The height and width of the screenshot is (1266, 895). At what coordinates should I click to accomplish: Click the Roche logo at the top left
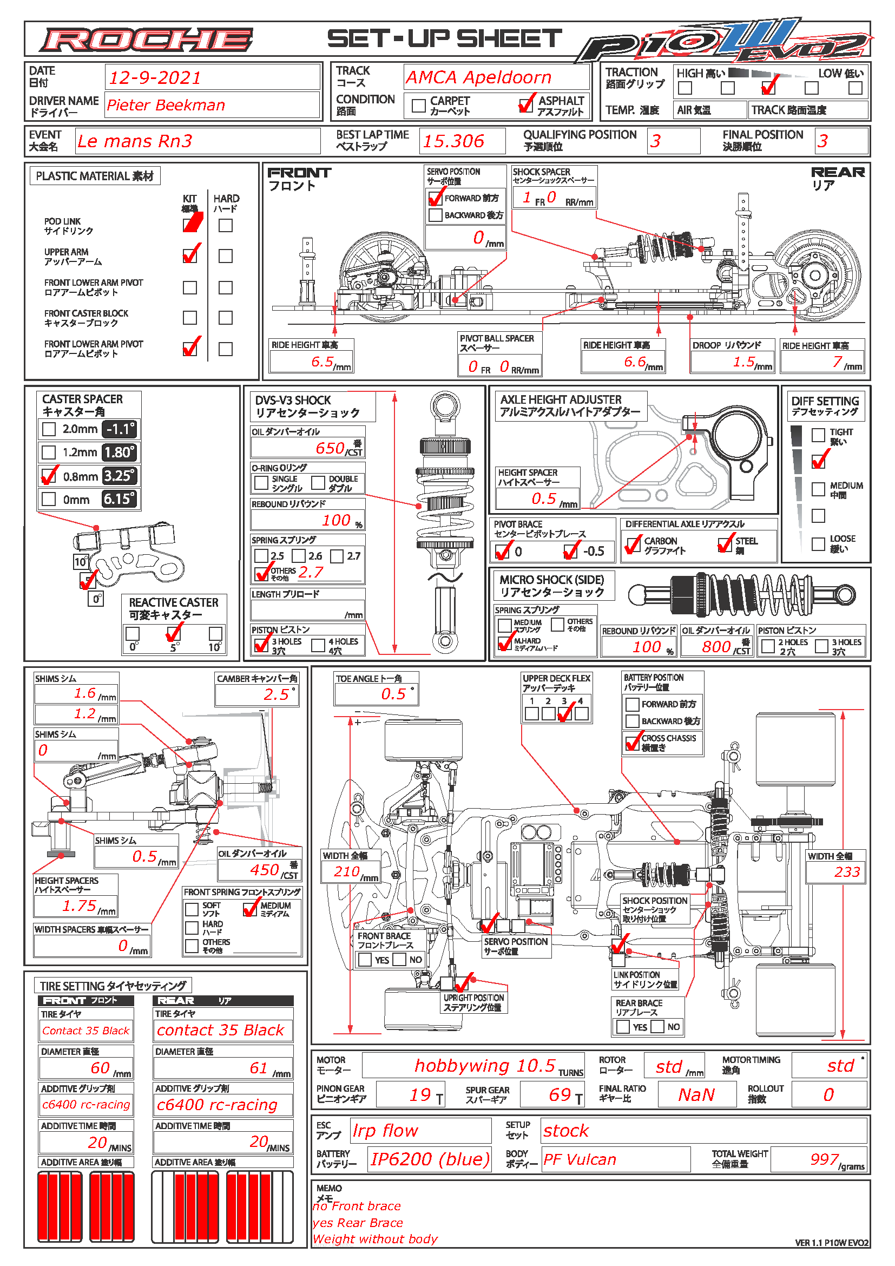[146, 40]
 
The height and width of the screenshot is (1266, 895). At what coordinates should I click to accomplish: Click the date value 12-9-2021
[155, 78]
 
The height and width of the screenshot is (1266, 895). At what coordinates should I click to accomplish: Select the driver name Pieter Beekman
[166, 105]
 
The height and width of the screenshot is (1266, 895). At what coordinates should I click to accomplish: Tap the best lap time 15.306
[453, 141]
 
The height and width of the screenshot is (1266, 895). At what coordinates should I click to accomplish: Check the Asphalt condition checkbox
[527, 105]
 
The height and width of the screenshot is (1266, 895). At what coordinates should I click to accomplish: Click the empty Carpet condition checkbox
[419, 105]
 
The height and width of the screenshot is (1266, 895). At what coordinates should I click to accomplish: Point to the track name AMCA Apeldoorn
[478, 77]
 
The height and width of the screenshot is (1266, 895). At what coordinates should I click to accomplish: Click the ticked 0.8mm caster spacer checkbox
[49, 476]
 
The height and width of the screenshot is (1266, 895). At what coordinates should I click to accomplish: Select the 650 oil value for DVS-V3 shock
[330, 448]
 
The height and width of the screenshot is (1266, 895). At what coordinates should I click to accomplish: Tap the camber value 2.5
[275, 694]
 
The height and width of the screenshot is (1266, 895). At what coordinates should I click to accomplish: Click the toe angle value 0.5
[393, 694]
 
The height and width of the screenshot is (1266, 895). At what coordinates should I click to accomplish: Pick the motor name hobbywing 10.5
[484, 1065]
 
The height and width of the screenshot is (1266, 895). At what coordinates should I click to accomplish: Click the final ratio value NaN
[696, 1094]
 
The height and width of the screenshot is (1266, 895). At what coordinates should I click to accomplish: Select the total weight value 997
[824, 1159]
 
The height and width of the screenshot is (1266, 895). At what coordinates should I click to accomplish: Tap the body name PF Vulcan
[580, 1159]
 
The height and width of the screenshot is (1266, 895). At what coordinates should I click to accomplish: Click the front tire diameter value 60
[100, 1067]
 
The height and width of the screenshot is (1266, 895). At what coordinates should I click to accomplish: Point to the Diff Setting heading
[825, 405]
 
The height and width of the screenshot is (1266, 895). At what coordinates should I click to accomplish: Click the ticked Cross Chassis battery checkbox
[632, 742]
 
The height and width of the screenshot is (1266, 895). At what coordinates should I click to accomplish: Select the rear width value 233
[846, 872]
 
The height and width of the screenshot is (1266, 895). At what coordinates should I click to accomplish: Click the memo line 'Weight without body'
[376, 1239]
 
